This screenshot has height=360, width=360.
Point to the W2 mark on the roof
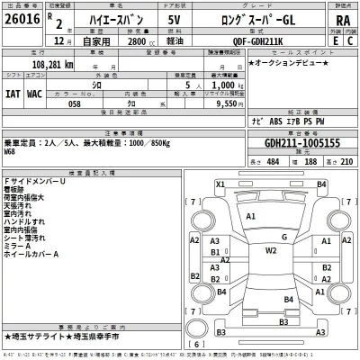[271, 252]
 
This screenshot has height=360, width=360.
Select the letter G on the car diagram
[283, 237]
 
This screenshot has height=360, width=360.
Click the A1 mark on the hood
[251, 217]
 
